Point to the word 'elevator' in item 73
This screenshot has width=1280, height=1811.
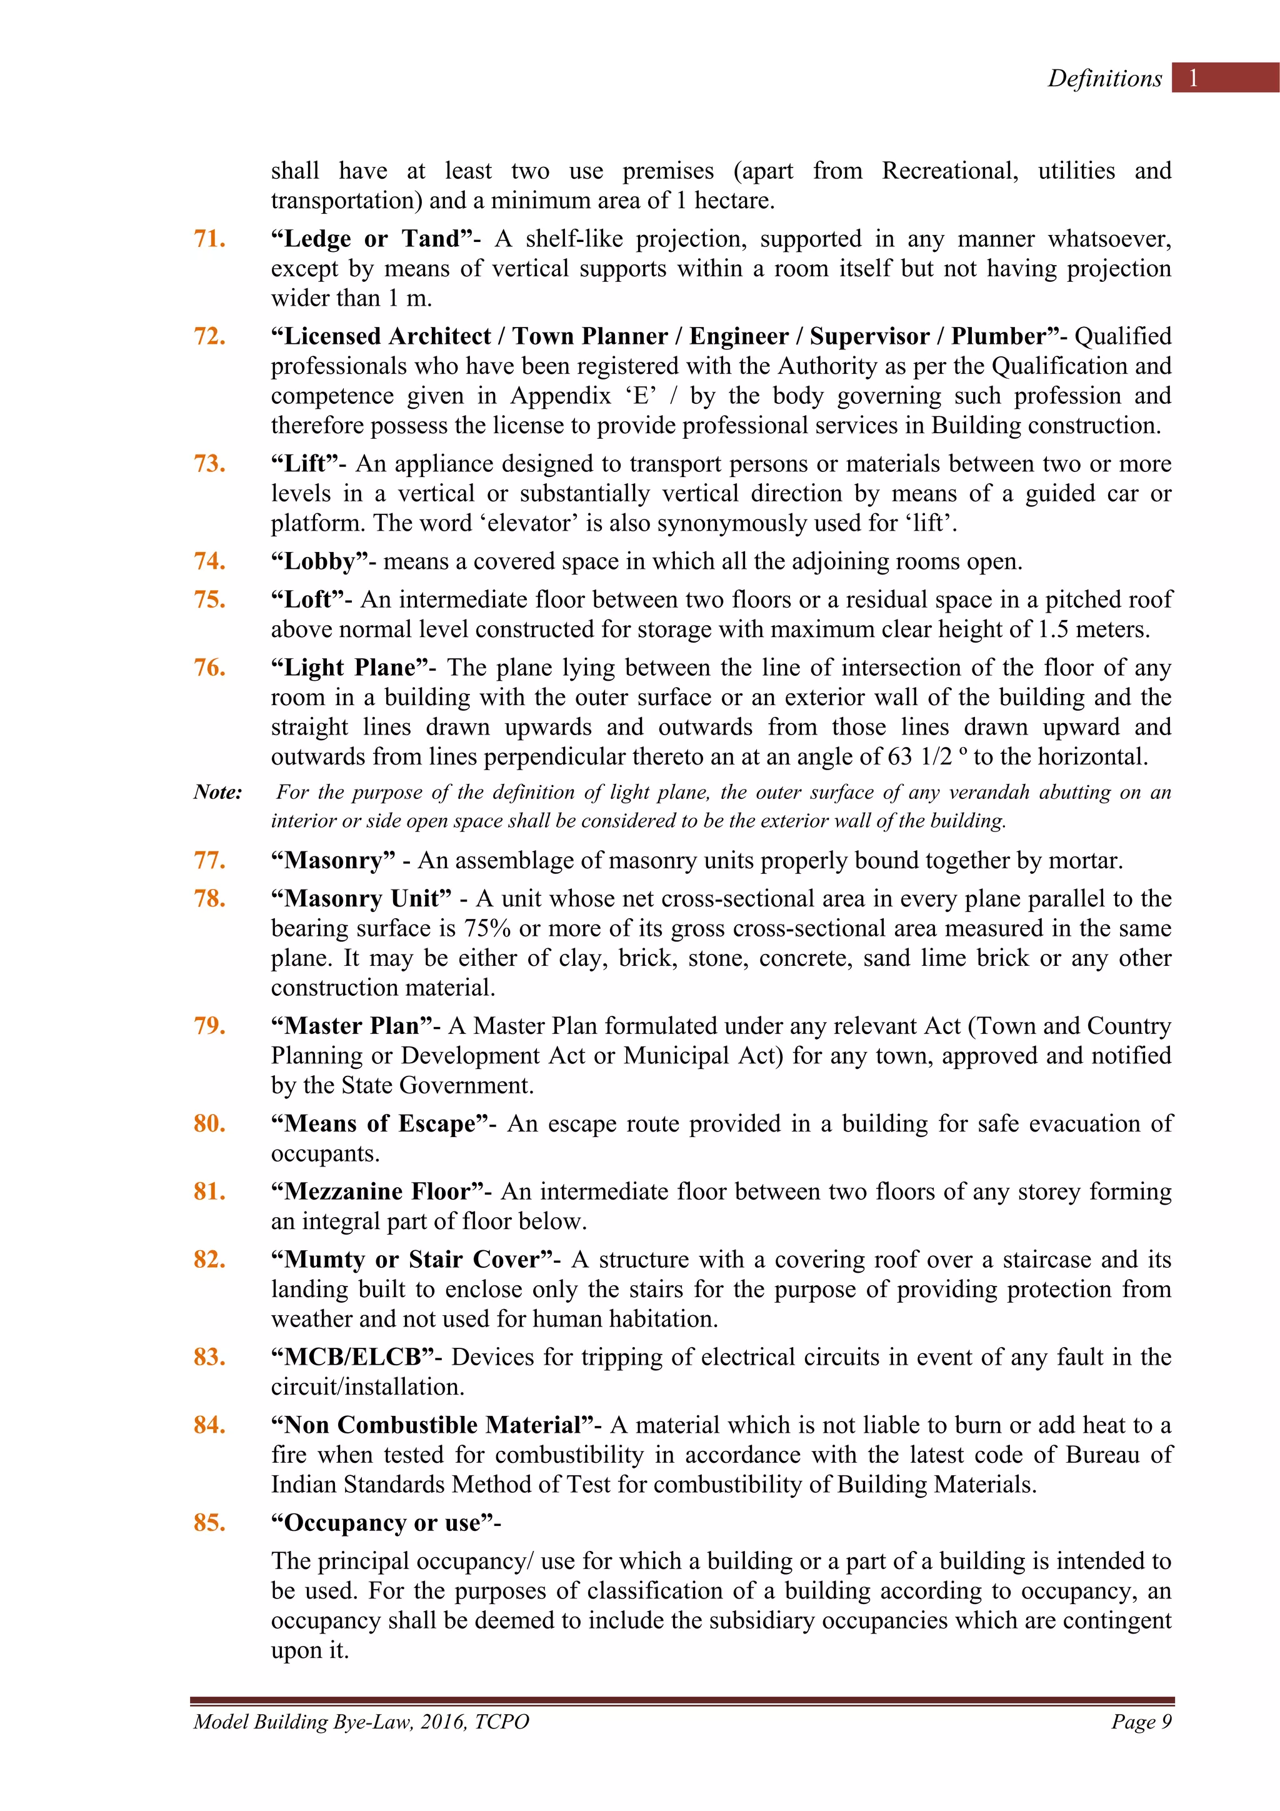coord(542,524)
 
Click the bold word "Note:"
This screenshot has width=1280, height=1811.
coord(217,792)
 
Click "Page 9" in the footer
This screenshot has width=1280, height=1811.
coord(1141,1722)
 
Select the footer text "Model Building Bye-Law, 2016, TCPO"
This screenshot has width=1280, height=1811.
coord(361,1722)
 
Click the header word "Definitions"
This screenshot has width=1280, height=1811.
coord(1104,78)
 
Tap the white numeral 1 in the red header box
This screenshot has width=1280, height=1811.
coord(1193,78)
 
